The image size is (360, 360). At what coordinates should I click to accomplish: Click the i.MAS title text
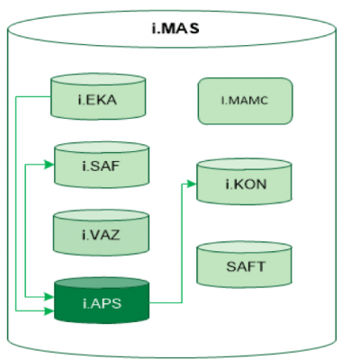point(175,29)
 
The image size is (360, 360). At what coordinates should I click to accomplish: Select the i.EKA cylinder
point(98,96)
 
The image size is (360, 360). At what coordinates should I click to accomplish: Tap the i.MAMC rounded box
point(245,101)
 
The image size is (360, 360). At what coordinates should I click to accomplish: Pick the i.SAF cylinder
point(102,165)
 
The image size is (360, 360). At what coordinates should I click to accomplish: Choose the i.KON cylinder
point(244,182)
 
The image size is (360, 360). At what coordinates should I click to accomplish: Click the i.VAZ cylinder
point(101,233)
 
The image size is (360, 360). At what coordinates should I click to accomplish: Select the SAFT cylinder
point(244,265)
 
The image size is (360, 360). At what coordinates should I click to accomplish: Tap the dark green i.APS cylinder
point(102,301)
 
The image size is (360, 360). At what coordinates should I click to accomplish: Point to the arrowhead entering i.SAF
point(49,165)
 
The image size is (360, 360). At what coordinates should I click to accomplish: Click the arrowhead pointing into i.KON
point(191,184)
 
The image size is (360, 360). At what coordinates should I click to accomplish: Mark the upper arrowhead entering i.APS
point(49,297)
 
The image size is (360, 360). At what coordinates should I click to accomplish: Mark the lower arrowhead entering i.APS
point(49,310)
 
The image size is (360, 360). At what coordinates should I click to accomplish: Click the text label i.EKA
point(97,100)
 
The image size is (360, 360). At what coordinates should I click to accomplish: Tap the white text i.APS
point(102,303)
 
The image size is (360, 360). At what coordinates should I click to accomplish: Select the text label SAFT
point(246,266)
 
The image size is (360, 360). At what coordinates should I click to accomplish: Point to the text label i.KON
point(246,184)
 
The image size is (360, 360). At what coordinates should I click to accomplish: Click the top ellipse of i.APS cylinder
point(102,283)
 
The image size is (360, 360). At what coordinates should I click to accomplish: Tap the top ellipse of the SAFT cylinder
point(244,247)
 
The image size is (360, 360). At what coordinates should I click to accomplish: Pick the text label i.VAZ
point(101,235)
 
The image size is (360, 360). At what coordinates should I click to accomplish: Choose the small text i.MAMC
point(245,100)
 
